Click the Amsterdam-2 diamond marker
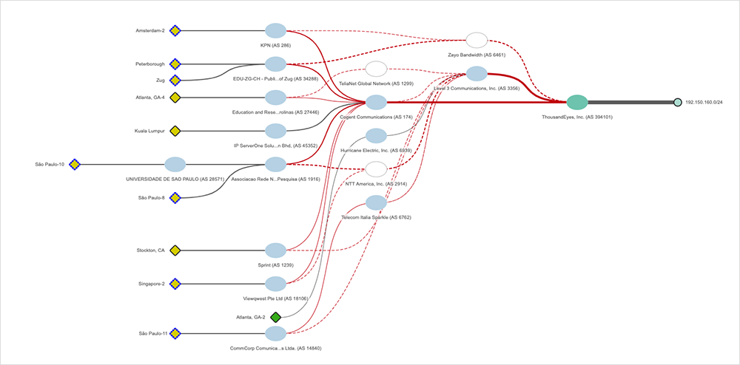pos(175,31)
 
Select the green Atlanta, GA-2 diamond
pos(275,317)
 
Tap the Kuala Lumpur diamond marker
pos(175,131)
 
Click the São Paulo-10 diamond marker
pos(74,164)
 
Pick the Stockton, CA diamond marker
pos(175,250)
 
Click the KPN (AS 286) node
pos(275,31)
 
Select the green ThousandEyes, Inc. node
pos(577,103)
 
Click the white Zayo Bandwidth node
pos(477,40)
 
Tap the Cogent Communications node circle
pos(376,102)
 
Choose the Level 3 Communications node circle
pos(477,73)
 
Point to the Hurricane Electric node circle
pos(376,135)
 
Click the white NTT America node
pos(376,168)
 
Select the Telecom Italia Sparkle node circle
pos(376,202)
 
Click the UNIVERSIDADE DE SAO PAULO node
pos(175,164)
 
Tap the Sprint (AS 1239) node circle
pos(275,250)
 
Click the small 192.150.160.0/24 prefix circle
pos(677,103)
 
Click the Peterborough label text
pos(150,64)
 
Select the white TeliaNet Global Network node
pos(376,69)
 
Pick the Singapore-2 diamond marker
pos(175,284)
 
